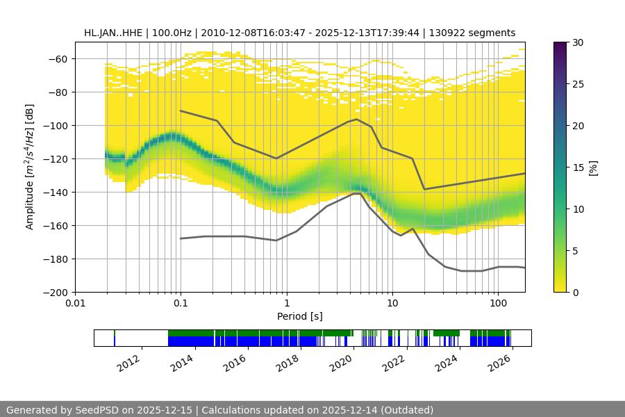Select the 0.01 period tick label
point(75,304)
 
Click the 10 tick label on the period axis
point(392,304)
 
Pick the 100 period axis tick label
point(498,304)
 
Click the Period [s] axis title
point(300,316)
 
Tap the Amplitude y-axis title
point(29,167)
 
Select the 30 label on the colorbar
point(578,42)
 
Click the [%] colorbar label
point(593,167)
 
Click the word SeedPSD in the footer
point(98,410)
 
